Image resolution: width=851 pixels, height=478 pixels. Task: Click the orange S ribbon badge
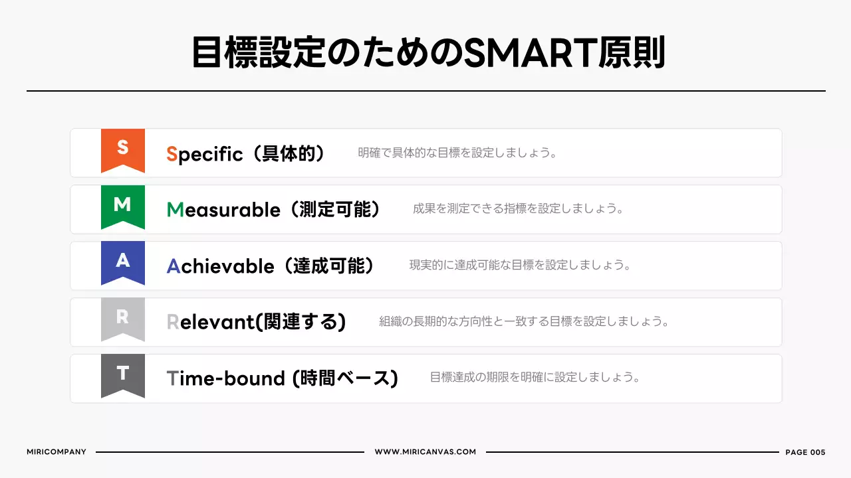coord(123,149)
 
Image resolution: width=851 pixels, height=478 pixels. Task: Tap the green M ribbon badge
coord(123,206)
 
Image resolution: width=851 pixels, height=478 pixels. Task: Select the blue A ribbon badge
coord(123,262)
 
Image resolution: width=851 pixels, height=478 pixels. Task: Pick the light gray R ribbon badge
coord(123,319)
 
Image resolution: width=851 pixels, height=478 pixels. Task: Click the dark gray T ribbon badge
coord(123,375)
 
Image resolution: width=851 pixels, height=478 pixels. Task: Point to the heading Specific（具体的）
coord(246,154)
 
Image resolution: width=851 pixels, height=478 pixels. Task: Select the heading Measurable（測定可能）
coord(274,210)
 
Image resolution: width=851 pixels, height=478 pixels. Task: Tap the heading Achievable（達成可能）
coord(271,266)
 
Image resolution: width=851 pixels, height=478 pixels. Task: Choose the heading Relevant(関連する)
coord(256,322)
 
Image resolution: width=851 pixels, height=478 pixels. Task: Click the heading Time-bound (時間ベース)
coord(282,378)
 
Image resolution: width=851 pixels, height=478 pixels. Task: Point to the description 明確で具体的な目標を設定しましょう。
coord(457,153)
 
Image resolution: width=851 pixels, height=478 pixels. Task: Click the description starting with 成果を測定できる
coord(519,209)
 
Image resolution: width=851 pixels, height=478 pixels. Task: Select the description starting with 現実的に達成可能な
coord(520,266)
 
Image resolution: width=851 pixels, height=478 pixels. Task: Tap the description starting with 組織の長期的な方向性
coord(524,322)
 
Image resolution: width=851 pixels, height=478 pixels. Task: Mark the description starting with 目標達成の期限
coord(535,378)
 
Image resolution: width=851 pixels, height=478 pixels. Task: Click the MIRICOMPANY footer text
coord(57,452)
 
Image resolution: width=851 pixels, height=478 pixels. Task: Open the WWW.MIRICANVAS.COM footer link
coord(425,452)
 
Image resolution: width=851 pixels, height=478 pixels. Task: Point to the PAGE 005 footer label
coord(805,452)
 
